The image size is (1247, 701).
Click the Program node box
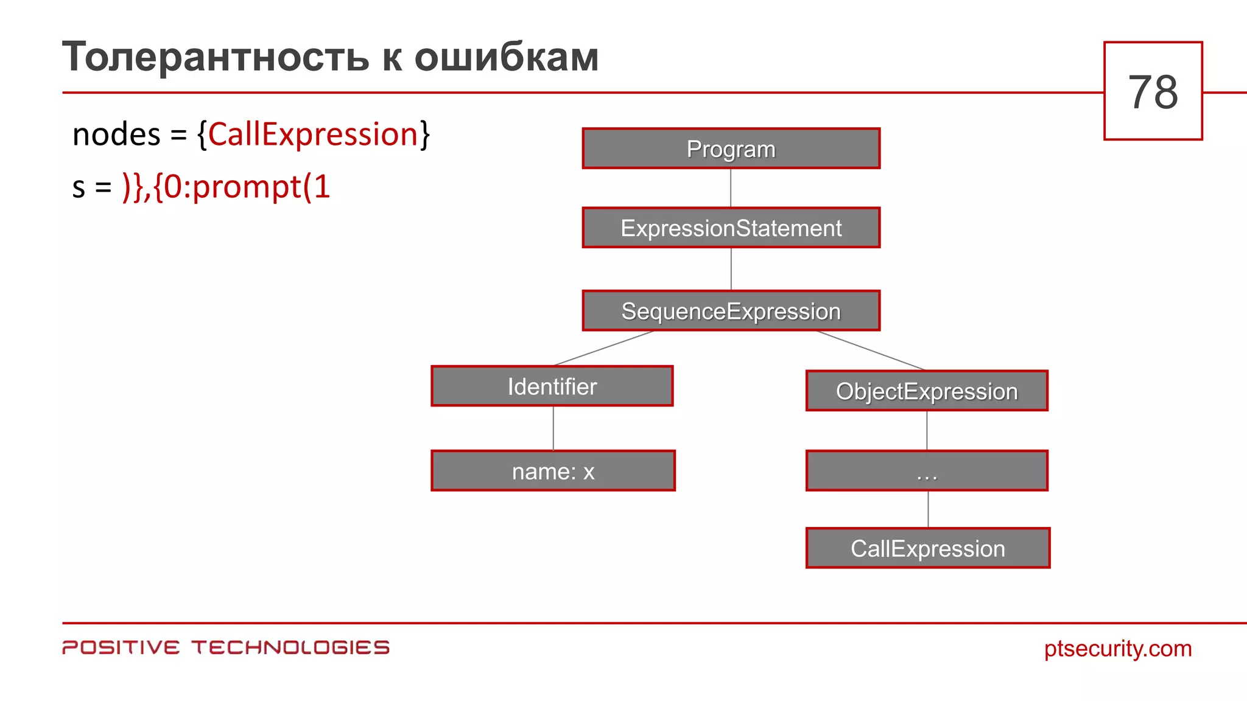(x=731, y=148)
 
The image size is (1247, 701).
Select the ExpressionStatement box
(x=731, y=228)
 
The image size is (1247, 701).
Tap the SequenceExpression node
(x=731, y=311)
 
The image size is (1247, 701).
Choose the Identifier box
(x=552, y=386)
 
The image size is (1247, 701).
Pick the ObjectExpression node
(x=927, y=391)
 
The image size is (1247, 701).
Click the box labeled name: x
(x=553, y=471)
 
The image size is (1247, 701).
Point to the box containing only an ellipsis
(x=927, y=471)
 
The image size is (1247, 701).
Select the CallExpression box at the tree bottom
(x=927, y=548)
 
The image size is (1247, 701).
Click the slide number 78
(x=1153, y=92)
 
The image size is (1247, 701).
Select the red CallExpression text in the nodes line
(x=313, y=134)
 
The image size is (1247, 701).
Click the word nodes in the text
(x=116, y=134)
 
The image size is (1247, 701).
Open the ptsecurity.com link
(x=1117, y=648)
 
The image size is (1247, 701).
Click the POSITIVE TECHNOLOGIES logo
(x=225, y=647)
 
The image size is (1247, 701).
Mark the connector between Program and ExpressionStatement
(x=731, y=188)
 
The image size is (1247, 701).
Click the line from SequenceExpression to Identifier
(x=603, y=348)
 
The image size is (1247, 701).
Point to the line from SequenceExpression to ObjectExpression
(x=871, y=350)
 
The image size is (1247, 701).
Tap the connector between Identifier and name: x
(x=553, y=428)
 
